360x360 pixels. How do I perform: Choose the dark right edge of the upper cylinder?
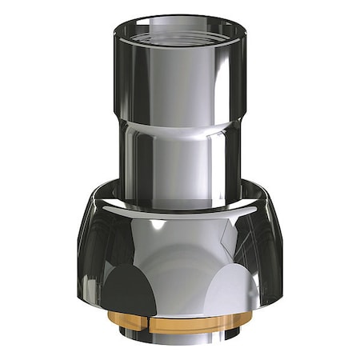[x=236, y=80]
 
